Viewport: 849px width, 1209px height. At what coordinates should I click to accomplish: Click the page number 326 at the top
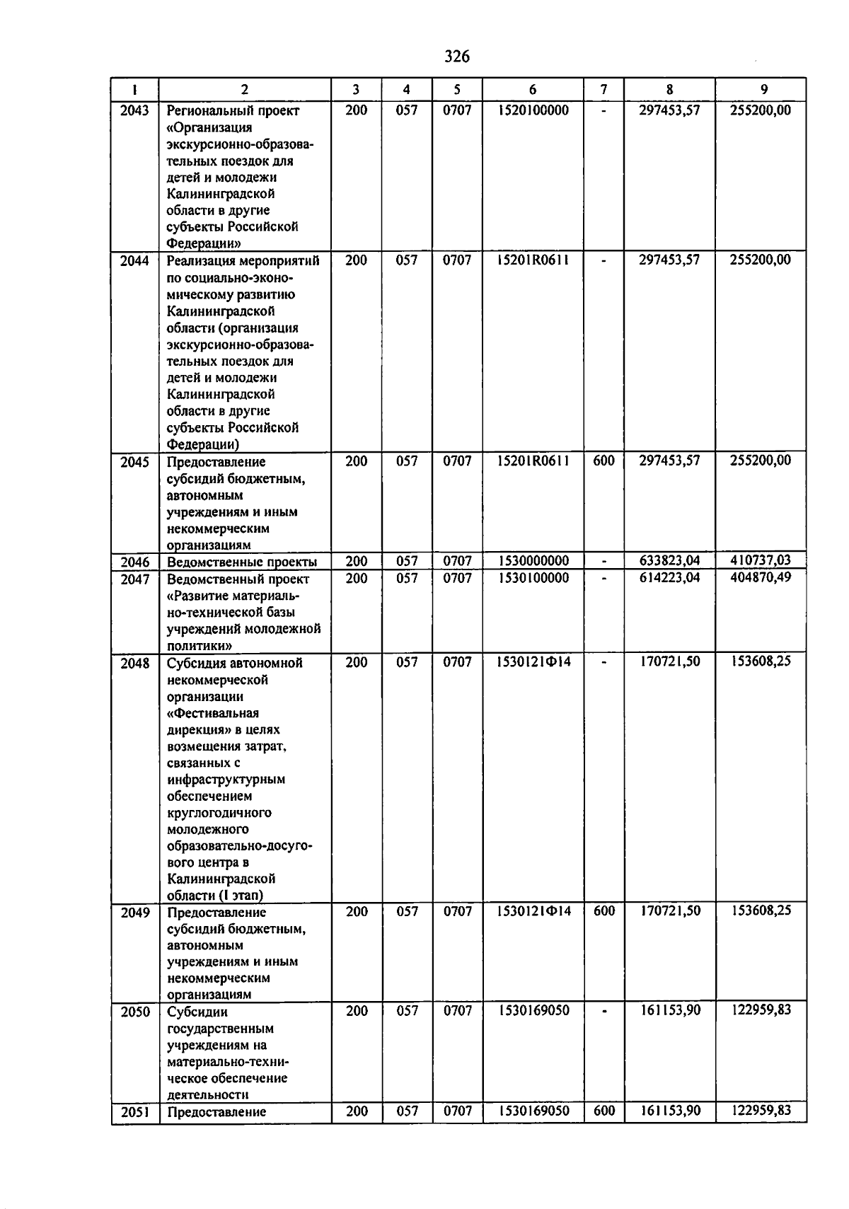pyautogui.click(x=456, y=57)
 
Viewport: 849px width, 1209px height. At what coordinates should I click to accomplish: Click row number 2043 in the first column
pyautogui.click(x=134, y=110)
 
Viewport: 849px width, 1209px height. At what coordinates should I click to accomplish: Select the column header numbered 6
pyautogui.click(x=532, y=90)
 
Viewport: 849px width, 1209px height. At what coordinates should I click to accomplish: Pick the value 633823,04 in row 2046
pyautogui.click(x=669, y=561)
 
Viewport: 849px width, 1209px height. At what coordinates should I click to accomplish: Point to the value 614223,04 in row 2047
pyautogui.click(x=669, y=578)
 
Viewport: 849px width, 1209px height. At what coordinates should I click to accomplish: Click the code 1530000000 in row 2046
pyautogui.click(x=533, y=561)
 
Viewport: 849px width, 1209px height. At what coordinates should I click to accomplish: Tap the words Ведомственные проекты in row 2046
pyautogui.click(x=241, y=562)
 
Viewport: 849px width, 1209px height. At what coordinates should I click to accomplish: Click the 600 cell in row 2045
pyautogui.click(x=603, y=461)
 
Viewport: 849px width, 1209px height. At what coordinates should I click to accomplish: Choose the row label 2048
pyautogui.click(x=134, y=664)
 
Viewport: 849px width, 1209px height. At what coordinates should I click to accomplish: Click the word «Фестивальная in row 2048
pyautogui.click(x=213, y=713)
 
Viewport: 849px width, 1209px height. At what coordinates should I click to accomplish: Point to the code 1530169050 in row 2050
pyautogui.click(x=533, y=1011)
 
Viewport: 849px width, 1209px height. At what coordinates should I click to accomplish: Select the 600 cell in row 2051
pyautogui.click(x=603, y=1111)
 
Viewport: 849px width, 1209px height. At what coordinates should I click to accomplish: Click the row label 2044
pyautogui.click(x=134, y=260)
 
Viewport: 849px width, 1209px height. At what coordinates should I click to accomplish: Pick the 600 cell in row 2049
pyautogui.click(x=603, y=911)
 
